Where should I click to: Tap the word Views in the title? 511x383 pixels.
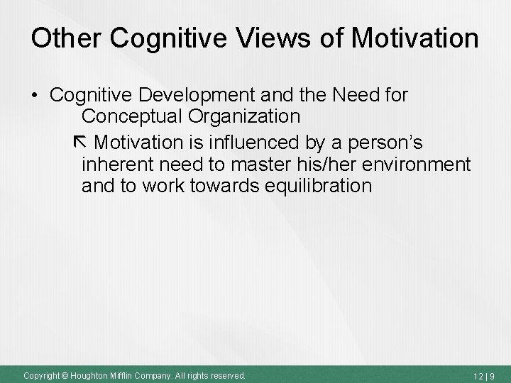pos(271,38)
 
